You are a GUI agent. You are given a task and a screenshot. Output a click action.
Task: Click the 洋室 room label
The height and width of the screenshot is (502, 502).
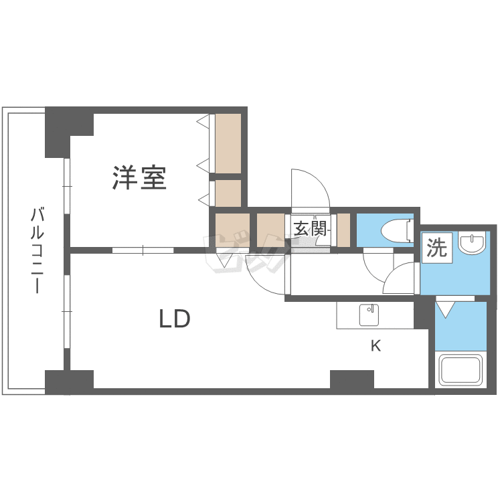(139, 177)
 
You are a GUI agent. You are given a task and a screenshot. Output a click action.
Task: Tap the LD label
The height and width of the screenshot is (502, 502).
(175, 320)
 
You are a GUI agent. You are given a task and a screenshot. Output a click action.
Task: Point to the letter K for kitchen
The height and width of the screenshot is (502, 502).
(376, 346)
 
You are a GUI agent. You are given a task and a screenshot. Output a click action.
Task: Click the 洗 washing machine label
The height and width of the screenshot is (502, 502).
(436, 248)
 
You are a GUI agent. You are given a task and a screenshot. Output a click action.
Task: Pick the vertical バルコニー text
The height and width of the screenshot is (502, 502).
(37, 251)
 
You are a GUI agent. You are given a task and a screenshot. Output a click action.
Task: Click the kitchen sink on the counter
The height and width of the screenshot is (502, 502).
(368, 313)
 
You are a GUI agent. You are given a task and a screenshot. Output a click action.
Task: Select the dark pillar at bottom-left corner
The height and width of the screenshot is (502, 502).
(68, 382)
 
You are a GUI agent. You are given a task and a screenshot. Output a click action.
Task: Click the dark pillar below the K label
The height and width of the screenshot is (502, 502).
(351, 380)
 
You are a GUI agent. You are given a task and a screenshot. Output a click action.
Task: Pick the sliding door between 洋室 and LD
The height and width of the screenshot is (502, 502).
(143, 250)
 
